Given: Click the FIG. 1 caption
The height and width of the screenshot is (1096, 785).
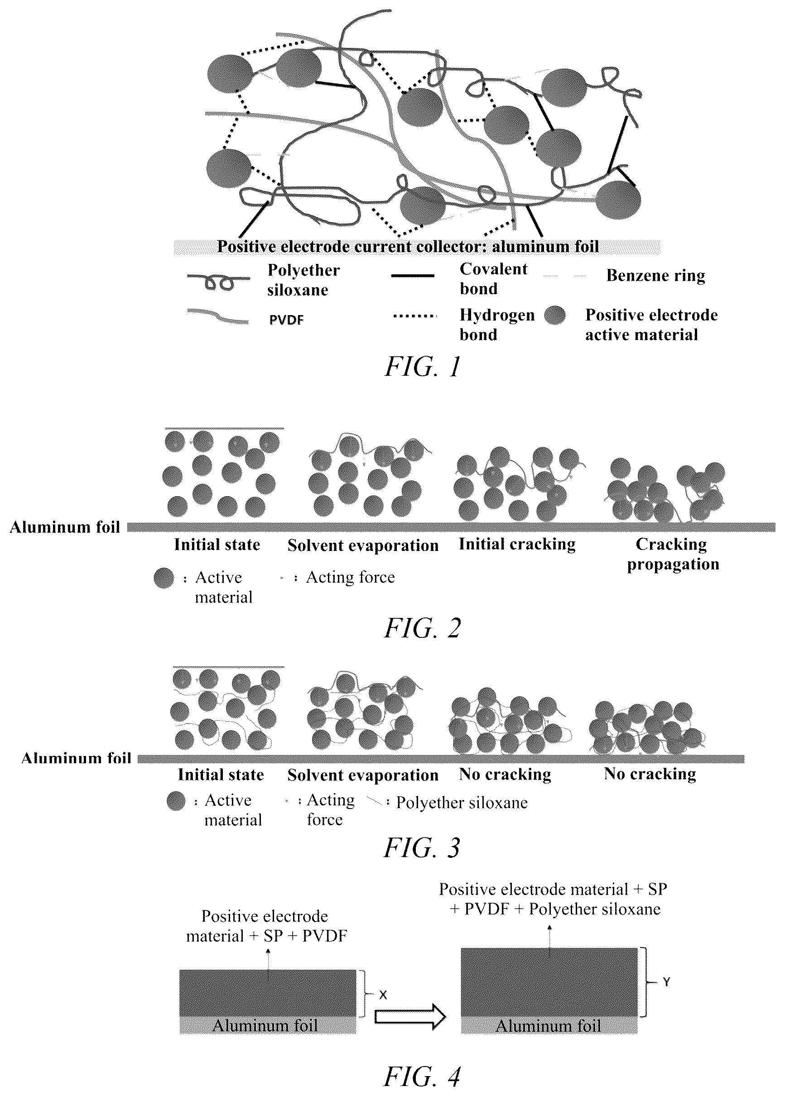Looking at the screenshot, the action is pos(423,367).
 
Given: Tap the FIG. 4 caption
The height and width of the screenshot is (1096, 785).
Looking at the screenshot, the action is pos(423,1077).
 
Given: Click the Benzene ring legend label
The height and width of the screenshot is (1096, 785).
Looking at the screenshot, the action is pos(655,275).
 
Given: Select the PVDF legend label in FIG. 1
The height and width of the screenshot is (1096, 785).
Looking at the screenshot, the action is pos(286,320).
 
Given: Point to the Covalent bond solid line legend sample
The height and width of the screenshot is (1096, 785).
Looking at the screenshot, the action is pos(412,276).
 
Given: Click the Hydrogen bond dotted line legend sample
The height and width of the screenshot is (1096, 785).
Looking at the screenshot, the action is pos(415,316).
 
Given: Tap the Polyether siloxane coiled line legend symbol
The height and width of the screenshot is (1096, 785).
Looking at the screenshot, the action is pos(218,281).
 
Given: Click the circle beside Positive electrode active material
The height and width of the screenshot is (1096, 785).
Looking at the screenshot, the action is pos(555,316).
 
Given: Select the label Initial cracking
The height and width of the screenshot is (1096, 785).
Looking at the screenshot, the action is pos(517,544).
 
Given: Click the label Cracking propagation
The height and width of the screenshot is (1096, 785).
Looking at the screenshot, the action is pos(673,554).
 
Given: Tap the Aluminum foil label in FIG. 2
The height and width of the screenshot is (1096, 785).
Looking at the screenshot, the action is pos(65,526).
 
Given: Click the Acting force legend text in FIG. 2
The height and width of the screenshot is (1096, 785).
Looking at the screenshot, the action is pos(351,577).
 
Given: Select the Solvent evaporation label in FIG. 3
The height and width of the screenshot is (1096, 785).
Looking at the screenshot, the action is pos(362,775).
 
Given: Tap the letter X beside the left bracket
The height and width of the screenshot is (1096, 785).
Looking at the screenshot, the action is pos(383,995).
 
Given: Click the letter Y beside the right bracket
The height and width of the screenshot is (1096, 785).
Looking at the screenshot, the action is pos(667,981).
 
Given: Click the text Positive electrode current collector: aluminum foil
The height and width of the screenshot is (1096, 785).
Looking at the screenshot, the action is pos(408,247).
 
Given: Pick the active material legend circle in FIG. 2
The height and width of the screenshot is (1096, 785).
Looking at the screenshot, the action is pos(164,578).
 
